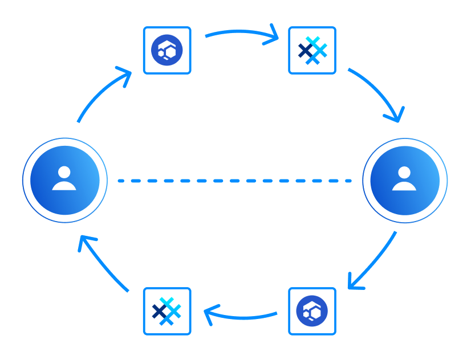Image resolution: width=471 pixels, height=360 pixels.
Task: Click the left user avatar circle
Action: (65, 181)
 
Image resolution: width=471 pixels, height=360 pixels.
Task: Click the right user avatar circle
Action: (405, 181)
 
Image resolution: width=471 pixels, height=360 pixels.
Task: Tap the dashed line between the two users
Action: (234, 181)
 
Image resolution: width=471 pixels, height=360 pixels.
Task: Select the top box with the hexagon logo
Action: (167, 50)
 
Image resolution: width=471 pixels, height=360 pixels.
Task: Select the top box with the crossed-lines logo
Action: (312, 50)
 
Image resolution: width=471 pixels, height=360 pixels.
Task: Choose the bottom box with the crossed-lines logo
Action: (167, 311)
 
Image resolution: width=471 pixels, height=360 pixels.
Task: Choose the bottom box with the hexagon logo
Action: (312, 311)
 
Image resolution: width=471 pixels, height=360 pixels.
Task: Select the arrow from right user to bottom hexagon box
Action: (374, 263)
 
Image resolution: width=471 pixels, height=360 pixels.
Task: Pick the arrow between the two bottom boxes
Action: (240, 316)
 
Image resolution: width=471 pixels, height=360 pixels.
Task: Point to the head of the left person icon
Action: (64, 171)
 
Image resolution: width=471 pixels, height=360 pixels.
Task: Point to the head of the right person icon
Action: (404, 171)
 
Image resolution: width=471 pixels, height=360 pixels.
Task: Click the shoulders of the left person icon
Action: (64, 186)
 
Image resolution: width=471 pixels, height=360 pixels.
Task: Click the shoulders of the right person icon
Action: (404, 186)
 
